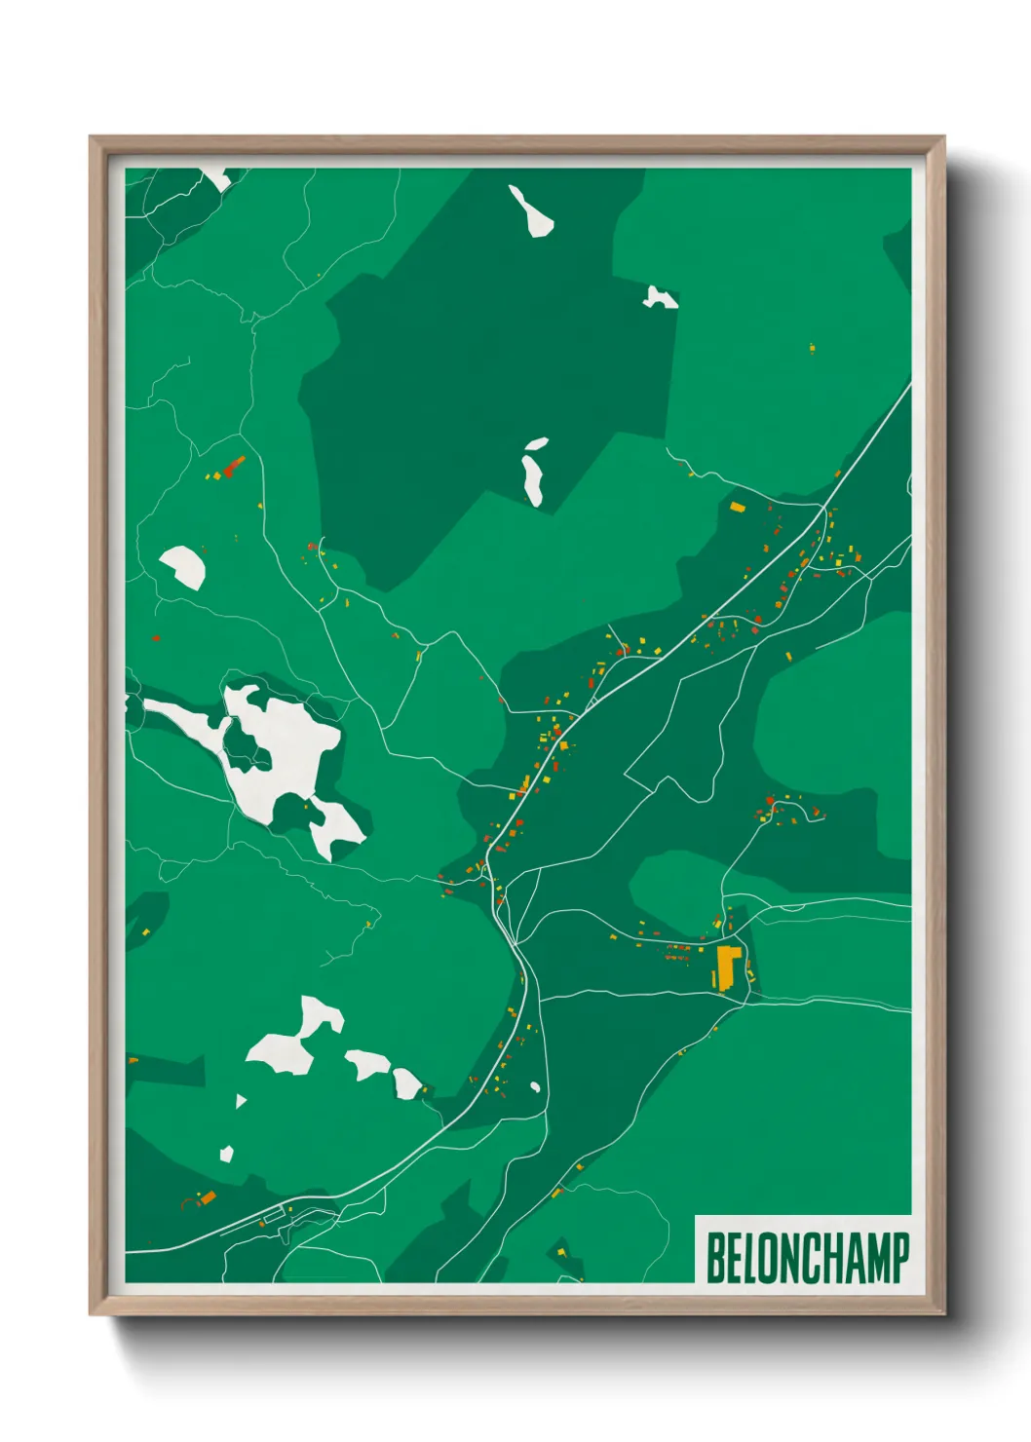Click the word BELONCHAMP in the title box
pos(807,1258)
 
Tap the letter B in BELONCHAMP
pos(714,1258)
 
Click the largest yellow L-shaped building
pos(727,967)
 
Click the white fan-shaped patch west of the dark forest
pos(183,566)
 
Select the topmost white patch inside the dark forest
pos(532,211)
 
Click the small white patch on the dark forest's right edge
pos(660,297)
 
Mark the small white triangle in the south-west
pos(241,1101)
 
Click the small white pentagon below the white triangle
pos(227,1154)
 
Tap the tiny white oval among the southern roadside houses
pos(534,1086)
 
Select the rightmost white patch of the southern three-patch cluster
pos(405,1082)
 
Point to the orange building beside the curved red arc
pos(207,1196)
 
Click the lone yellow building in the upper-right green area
pos(812,347)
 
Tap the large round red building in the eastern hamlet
pos(770,801)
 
